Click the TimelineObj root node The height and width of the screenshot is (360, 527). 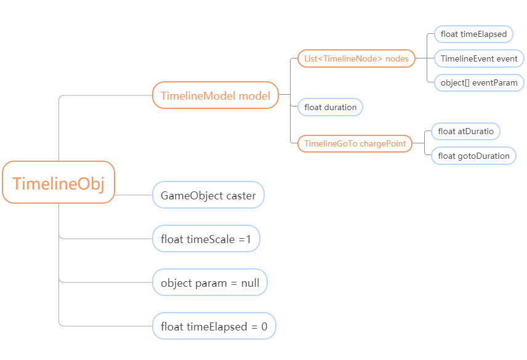[58, 182]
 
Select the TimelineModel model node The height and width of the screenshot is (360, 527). [215, 95]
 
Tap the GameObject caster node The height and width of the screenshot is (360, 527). [208, 195]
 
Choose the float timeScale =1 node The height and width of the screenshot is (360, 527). [206, 239]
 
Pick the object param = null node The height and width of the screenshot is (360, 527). [210, 282]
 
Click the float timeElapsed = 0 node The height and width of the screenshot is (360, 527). [214, 326]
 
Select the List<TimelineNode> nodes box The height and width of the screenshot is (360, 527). [356, 58]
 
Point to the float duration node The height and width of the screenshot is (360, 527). [330, 107]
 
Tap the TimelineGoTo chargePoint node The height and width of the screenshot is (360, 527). [355, 144]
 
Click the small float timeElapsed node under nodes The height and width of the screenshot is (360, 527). [473, 34]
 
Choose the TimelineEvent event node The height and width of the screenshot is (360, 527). [479, 58]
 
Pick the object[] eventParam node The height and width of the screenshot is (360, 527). [479, 82]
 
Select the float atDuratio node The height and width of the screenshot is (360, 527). [465, 131]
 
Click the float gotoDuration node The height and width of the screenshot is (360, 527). [473, 156]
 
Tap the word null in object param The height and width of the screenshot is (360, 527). [250, 282]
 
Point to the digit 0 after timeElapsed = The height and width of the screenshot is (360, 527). [264, 326]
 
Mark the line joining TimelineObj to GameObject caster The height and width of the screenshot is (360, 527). [134, 195]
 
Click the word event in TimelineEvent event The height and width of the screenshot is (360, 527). [507, 58]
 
